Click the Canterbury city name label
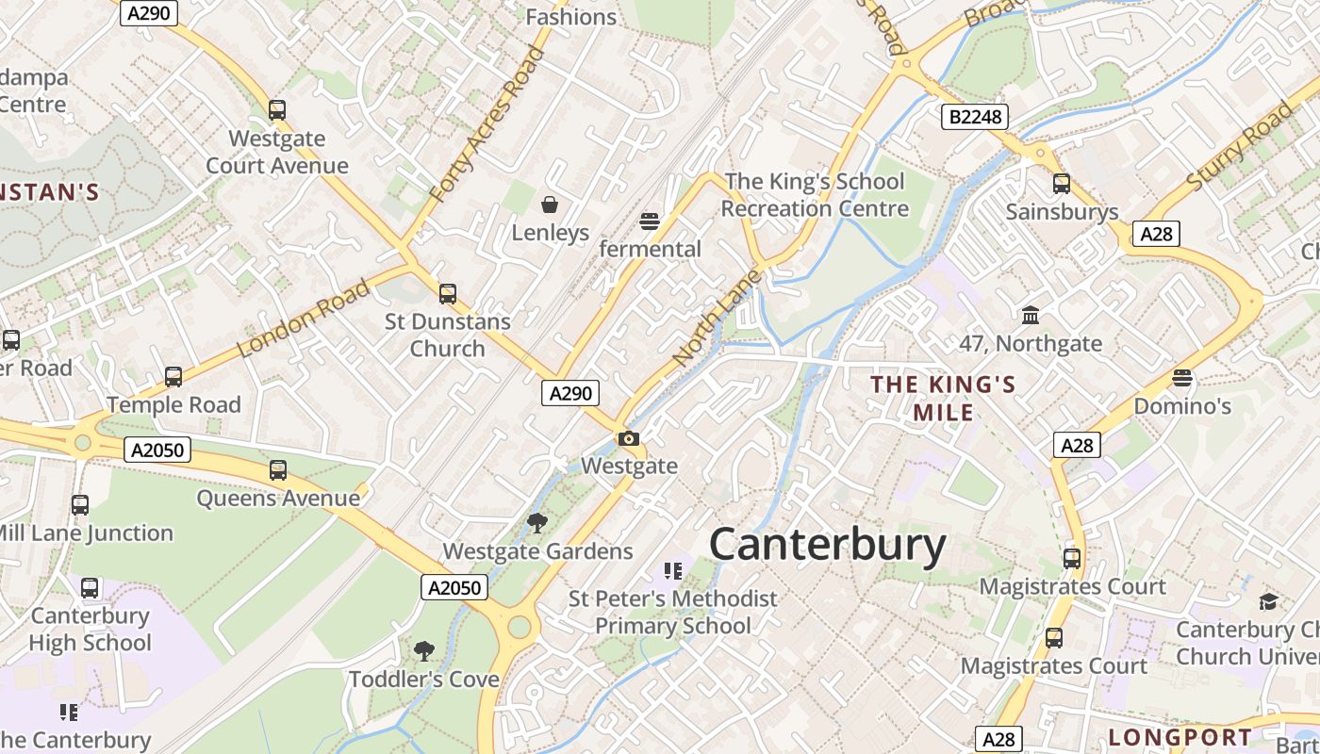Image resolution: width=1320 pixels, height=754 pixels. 827,546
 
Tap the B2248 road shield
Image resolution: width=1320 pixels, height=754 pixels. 975,117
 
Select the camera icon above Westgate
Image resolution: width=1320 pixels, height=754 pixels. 629,438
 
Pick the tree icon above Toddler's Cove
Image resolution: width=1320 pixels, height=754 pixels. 424,650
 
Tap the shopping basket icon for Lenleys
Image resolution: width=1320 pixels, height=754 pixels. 550,205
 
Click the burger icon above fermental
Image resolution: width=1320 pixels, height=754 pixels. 649,221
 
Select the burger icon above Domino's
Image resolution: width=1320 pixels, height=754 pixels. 1182,378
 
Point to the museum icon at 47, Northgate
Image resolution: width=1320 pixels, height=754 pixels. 1031,315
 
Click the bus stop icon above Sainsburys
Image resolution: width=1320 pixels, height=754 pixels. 1062,184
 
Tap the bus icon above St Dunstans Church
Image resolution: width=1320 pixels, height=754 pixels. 448,293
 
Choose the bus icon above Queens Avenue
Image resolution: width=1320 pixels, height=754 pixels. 277,469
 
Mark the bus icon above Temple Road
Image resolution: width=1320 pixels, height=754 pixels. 173,377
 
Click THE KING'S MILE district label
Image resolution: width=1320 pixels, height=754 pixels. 943,398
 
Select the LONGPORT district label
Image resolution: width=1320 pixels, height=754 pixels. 1180,737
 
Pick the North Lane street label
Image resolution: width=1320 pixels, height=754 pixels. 717,319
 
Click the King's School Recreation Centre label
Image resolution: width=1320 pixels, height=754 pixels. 815,195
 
